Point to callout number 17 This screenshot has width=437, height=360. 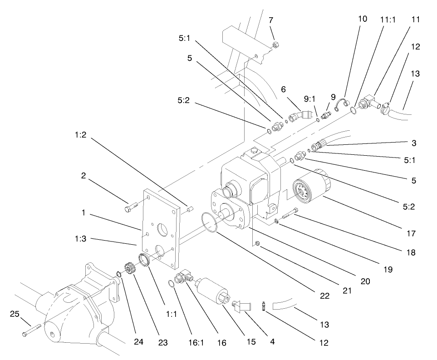[x=411, y=234]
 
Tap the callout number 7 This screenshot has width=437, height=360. [x=271, y=20]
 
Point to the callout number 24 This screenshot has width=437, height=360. [x=138, y=340]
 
